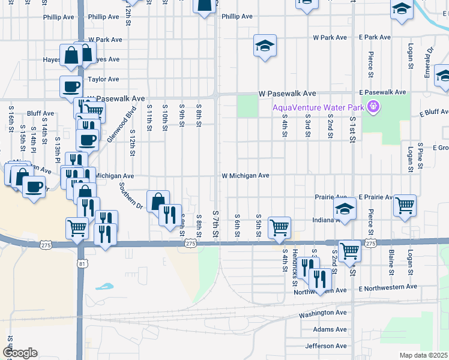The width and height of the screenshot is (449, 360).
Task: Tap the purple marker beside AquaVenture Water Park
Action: [x=373, y=108]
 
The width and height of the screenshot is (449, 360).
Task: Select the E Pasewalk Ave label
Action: [x=384, y=94]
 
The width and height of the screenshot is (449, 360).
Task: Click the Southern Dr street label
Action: [x=130, y=196]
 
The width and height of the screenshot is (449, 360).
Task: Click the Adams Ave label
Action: [x=330, y=329]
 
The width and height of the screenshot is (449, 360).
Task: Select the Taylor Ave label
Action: [x=104, y=79]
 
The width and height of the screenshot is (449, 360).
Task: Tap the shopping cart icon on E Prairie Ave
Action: [x=405, y=205]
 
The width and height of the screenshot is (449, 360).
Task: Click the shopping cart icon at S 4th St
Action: [x=279, y=227]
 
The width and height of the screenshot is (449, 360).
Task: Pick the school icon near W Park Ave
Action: [x=264, y=46]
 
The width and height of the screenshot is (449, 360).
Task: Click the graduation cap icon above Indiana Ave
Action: [x=345, y=208]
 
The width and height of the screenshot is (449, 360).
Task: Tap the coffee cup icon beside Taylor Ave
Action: [x=71, y=86]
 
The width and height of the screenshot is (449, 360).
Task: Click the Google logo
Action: [x=20, y=353]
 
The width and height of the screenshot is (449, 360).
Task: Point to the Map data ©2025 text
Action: [x=423, y=355]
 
